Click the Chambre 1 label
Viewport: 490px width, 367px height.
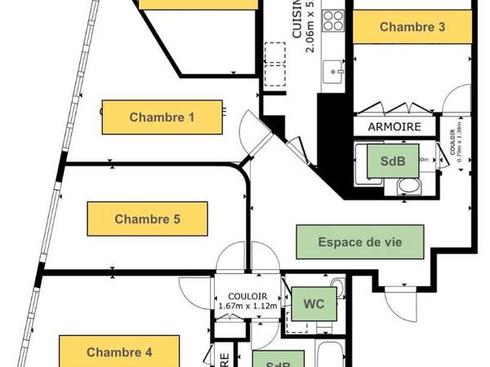(163, 117)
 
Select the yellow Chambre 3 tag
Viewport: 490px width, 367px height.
(412, 28)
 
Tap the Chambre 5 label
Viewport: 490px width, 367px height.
(147, 219)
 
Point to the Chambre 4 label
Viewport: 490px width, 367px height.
(119, 353)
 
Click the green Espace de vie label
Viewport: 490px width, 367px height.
(360, 241)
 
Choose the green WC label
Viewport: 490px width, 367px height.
(314, 304)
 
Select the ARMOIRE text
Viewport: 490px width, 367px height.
(394, 127)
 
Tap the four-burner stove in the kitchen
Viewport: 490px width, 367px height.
(333, 20)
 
